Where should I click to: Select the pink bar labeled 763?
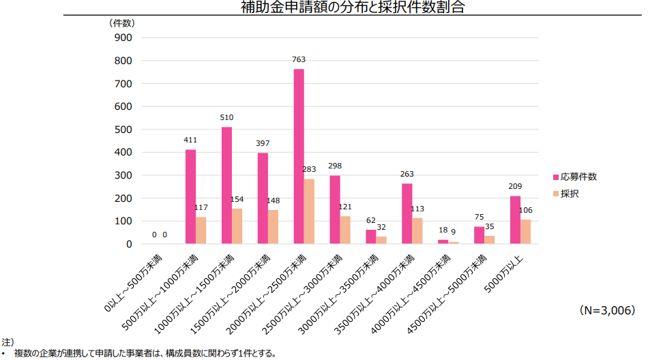click(x=299, y=156)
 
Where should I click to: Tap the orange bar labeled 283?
click(x=309, y=211)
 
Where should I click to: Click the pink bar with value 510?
click(x=226, y=185)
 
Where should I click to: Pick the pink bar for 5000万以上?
click(x=515, y=220)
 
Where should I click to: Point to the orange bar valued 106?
click(x=526, y=232)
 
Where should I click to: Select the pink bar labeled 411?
click(x=190, y=196)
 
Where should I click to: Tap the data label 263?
click(x=407, y=175)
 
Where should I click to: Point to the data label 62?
click(x=370, y=221)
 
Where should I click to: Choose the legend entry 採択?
click(x=570, y=194)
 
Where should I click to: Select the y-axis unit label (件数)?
click(x=123, y=22)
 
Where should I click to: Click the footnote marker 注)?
click(x=8, y=341)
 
